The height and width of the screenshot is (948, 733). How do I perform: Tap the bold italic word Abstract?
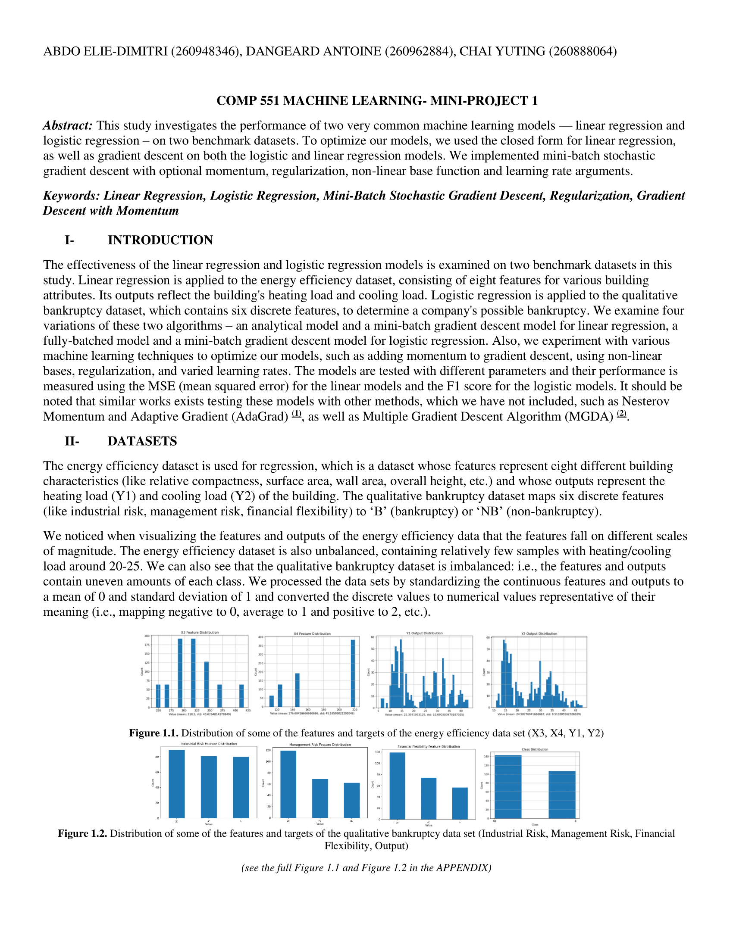tap(68, 125)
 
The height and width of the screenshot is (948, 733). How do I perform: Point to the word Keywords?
tap(71, 196)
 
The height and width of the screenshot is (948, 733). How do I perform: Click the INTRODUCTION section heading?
tap(160, 240)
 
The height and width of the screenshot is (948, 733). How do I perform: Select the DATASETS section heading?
tap(142, 441)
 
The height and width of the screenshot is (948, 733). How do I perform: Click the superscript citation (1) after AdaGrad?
tap(296, 414)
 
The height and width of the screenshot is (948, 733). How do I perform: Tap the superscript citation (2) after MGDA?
tap(622, 414)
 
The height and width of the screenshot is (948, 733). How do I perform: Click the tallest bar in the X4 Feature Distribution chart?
tap(353, 673)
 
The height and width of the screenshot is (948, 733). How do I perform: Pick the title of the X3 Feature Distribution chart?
tap(200, 633)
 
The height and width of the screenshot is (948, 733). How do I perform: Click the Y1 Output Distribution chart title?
tap(424, 633)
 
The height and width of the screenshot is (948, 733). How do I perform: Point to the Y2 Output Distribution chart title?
tap(539, 634)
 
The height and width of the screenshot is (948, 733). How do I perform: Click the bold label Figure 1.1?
tap(154, 733)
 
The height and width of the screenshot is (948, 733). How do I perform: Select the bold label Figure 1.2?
tap(82, 833)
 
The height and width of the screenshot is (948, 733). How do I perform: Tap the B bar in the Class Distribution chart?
tap(562, 795)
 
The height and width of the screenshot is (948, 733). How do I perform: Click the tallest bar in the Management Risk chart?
tap(288, 784)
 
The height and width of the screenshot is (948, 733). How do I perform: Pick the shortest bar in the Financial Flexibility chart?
tap(460, 803)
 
